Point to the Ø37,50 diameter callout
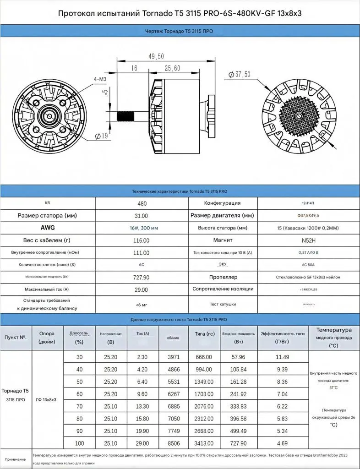240,74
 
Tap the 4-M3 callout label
100,79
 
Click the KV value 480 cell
142,203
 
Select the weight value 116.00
142,240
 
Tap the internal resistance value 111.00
142,253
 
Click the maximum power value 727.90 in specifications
142,278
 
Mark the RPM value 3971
173,357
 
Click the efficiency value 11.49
283,357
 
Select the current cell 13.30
142,406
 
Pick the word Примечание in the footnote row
16,459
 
